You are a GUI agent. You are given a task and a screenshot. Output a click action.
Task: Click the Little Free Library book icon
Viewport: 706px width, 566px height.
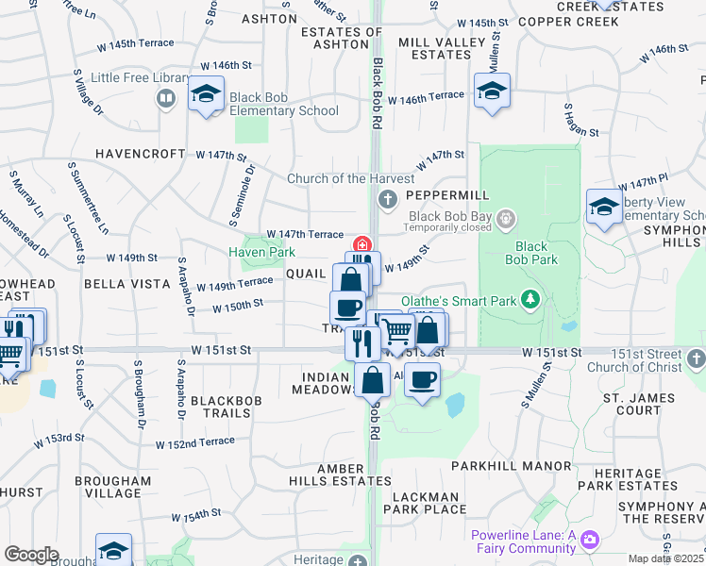point(166,98)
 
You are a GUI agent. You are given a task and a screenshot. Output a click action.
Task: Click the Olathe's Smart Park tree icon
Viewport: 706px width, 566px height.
point(531,300)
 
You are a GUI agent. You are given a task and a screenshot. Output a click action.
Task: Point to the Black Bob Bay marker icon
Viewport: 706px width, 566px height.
point(507,221)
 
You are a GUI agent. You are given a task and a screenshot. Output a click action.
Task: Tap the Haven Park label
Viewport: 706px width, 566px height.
point(261,252)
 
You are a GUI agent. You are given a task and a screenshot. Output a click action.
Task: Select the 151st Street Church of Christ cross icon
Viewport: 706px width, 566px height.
point(696,358)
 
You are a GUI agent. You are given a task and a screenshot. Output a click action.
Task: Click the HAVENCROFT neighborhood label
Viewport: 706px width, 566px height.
point(139,154)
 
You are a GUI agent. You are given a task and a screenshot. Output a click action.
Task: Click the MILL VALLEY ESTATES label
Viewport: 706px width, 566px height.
point(433,49)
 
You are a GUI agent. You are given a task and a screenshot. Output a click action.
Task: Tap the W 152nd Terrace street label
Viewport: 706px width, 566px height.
point(195,442)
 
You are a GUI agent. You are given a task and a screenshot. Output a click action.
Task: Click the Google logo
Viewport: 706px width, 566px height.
point(31,555)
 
